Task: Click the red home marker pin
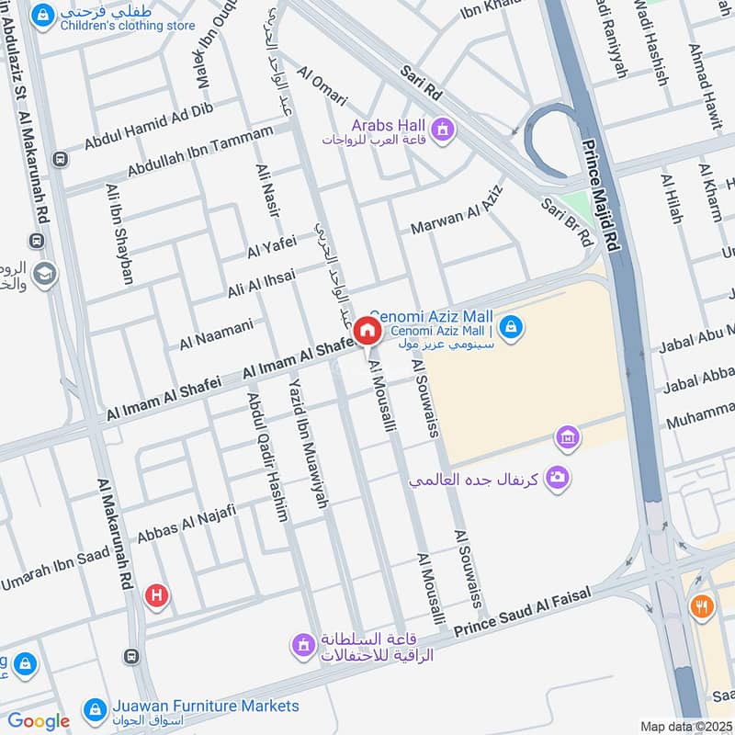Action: tap(367, 331)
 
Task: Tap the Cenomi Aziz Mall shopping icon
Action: tap(512, 326)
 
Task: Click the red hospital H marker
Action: tap(157, 596)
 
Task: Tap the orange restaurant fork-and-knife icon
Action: tap(702, 605)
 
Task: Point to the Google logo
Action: tap(39, 721)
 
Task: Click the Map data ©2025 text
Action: tap(684, 726)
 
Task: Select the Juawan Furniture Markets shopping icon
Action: tap(94, 709)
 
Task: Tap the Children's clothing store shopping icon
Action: tap(41, 17)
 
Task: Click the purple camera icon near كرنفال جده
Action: tap(556, 477)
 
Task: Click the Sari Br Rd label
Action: tap(567, 221)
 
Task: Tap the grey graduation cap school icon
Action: tap(42, 274)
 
